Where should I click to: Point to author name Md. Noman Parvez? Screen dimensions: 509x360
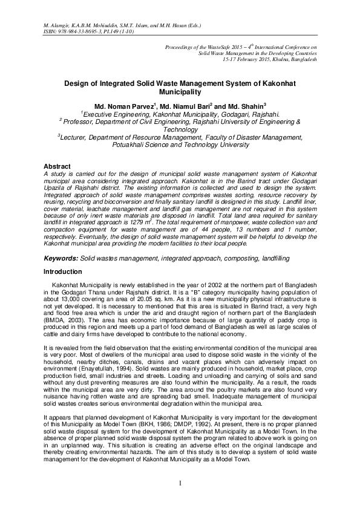pos(121,106)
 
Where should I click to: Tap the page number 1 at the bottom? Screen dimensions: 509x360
pos(180,484)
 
